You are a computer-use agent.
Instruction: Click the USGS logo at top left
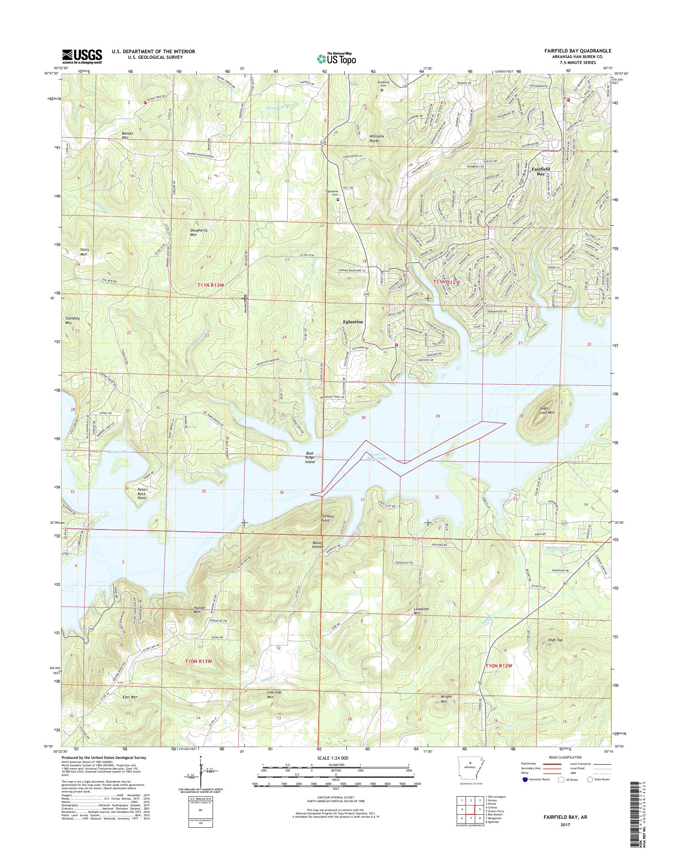point(82,56)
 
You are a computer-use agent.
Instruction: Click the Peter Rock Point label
point(142,493)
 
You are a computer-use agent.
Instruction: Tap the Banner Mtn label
point(128,136)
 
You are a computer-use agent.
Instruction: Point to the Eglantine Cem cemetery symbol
point(338,200)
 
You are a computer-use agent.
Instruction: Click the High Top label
point(555,640)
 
